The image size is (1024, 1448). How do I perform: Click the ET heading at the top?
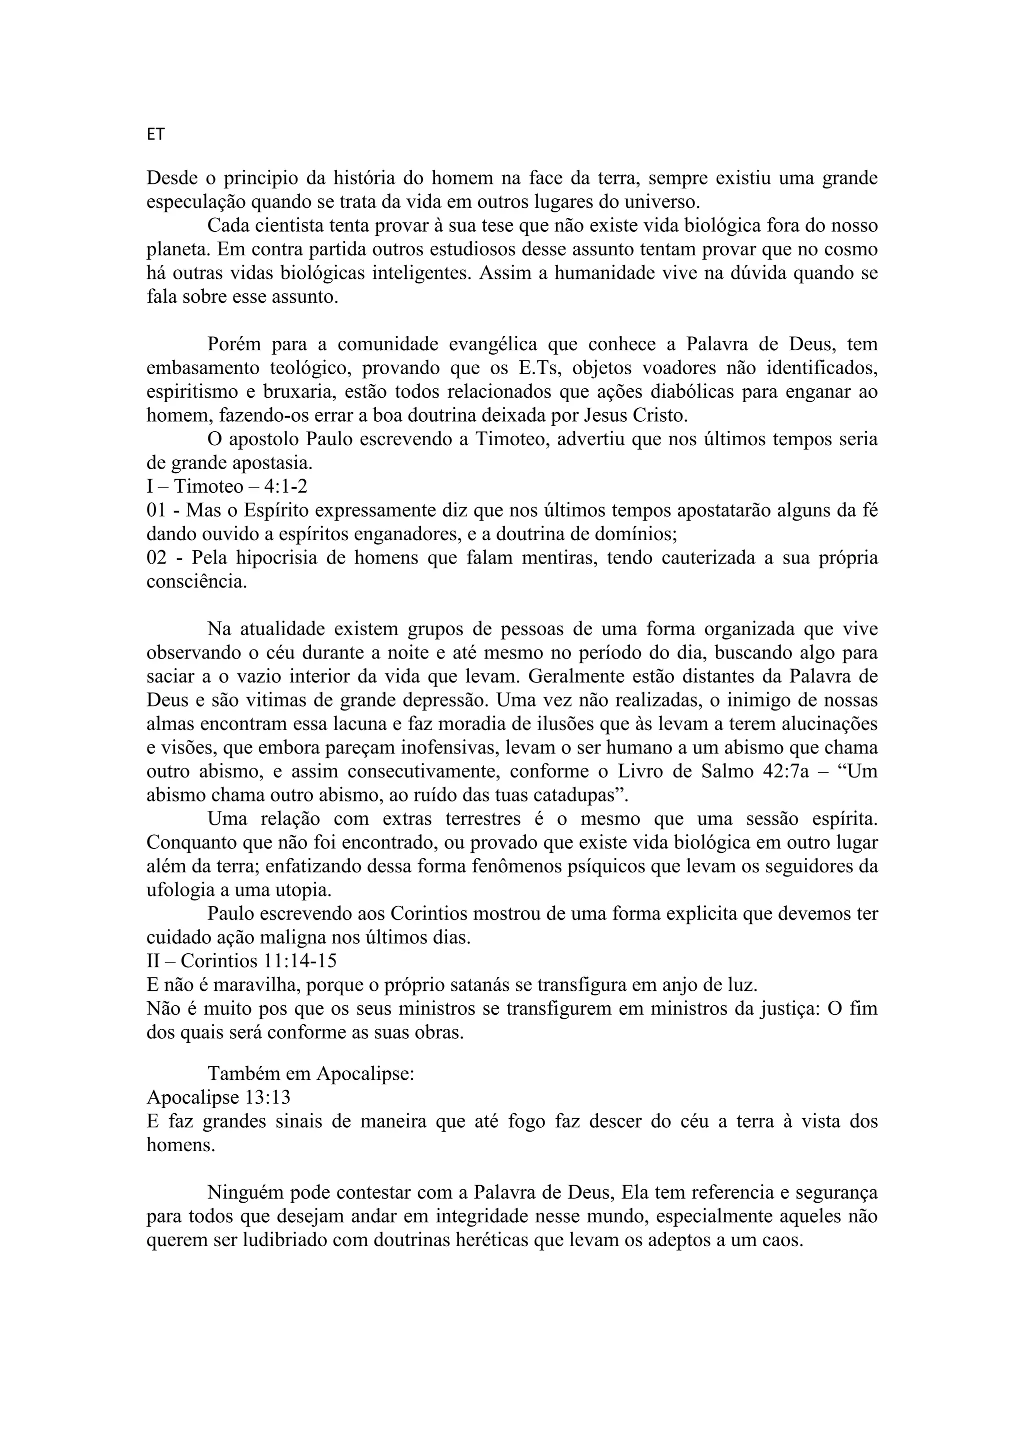pos(155,134)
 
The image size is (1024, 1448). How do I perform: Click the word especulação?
pos(196,202)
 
